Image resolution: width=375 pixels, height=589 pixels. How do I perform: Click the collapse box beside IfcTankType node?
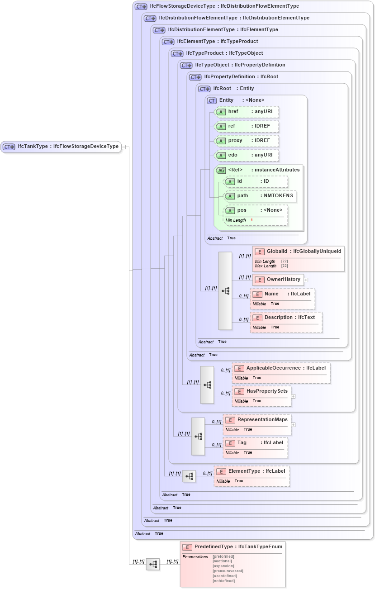click(x=123, y=147)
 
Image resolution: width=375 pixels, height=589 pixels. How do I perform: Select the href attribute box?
click(x=247, y=112)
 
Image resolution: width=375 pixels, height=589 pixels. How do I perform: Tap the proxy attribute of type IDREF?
click(x=247, y=141)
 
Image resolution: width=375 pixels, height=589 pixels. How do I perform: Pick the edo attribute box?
click(x=247, y=155)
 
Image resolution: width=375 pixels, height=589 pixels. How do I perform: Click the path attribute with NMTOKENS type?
click(x=260, y=196)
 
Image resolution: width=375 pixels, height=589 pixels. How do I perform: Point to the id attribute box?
click(x=256, y=181)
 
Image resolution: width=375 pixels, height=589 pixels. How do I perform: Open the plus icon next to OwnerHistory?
click(x=306, y=280)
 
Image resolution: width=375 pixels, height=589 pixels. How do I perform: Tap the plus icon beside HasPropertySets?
click(x=294, y=396)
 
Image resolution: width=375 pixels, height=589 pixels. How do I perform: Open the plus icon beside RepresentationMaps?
click(x=294, y=425)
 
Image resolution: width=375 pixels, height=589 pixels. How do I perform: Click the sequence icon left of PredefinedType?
click(x=153, y=564)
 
